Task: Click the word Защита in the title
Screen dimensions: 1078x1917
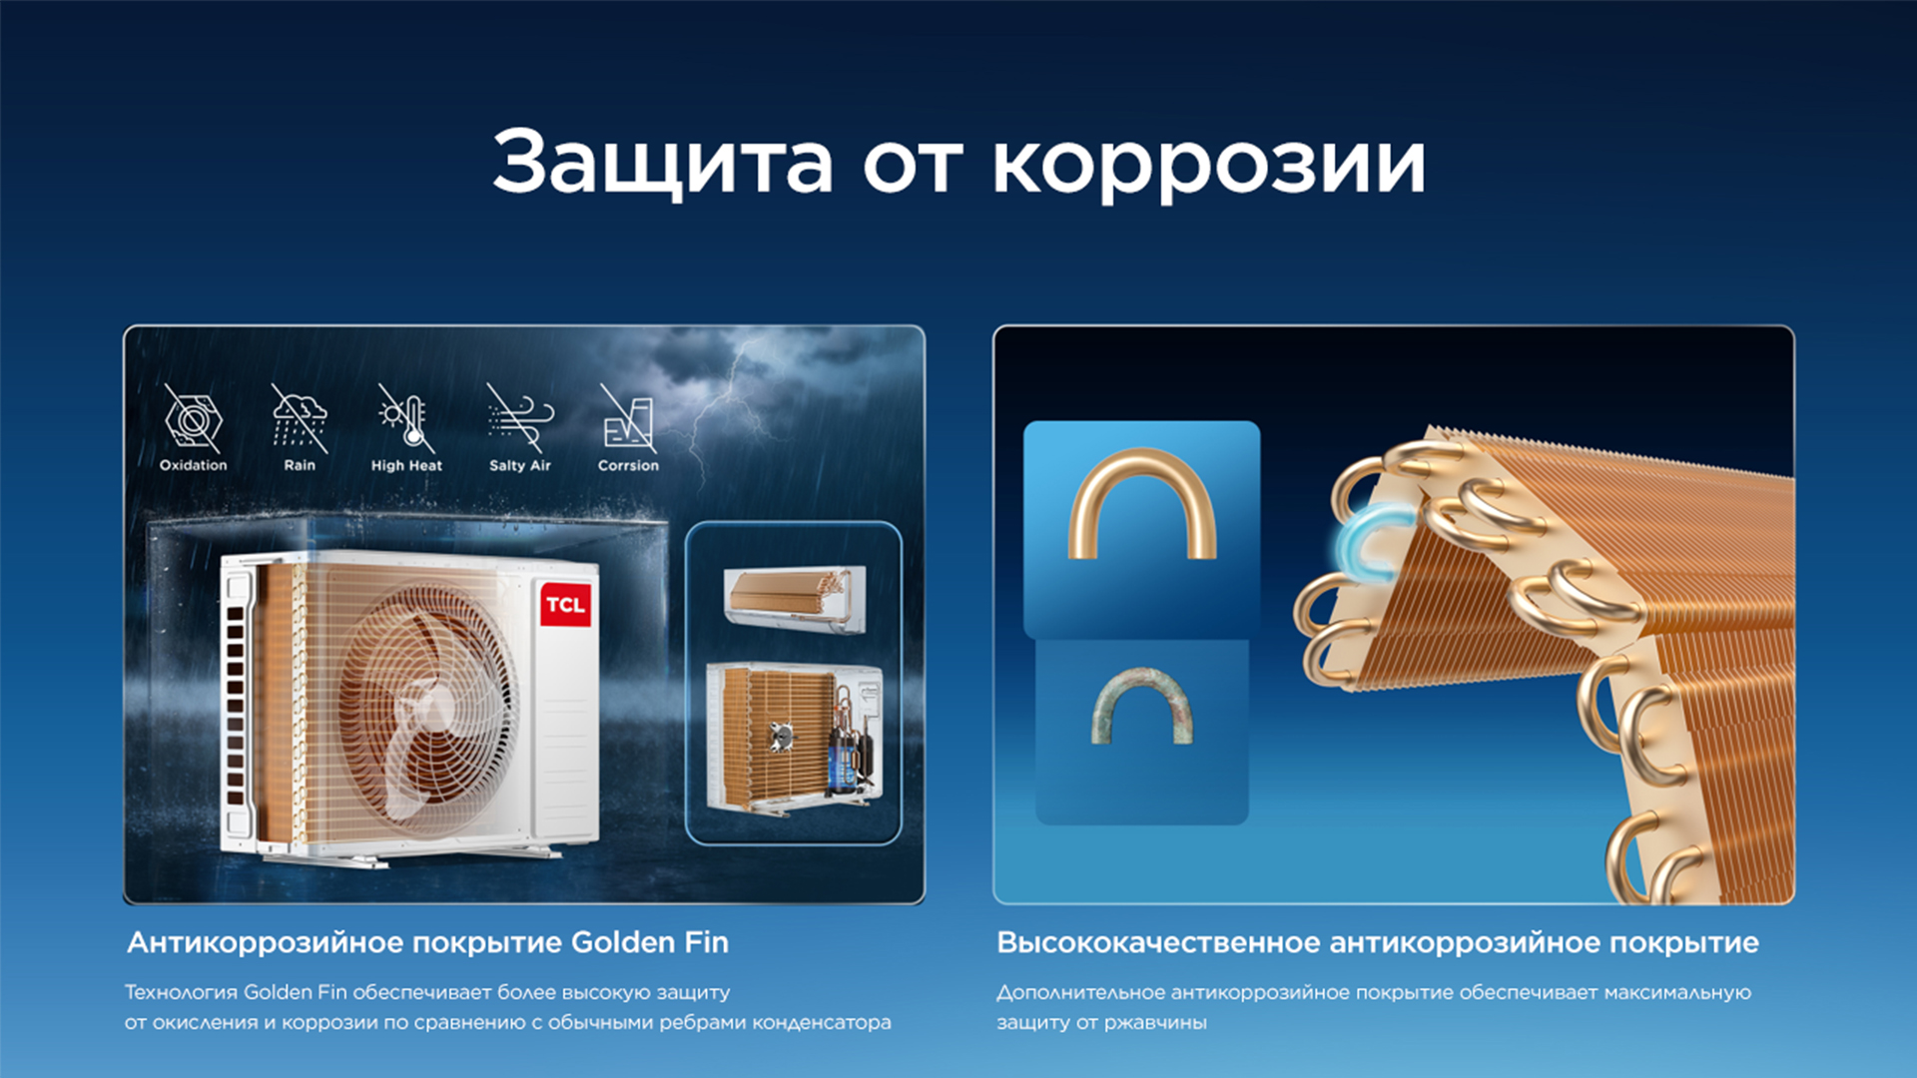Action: tap(662, 163)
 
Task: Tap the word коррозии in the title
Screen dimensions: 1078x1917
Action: tap(1208, 165)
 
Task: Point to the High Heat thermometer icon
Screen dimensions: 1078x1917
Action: tap(406, 417)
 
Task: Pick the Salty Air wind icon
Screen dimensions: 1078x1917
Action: tap(520, 417)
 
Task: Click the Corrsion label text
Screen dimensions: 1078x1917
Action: tap(628, 465)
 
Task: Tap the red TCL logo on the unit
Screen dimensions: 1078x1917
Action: tap(565, 604)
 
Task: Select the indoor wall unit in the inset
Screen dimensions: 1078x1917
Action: tap(795, 598)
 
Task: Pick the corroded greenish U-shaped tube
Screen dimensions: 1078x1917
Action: tap(1142, 705)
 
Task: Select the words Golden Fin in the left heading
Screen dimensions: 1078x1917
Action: tap(650, 942)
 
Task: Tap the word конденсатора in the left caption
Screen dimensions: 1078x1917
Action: tap(821, 1023)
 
